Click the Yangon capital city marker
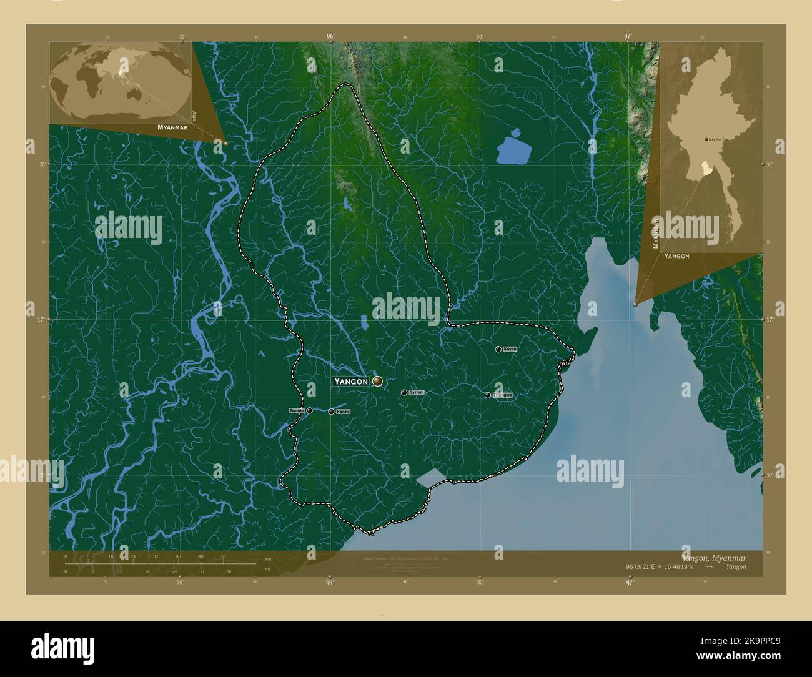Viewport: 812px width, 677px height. click(x=377, y=380)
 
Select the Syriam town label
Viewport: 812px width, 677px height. click(x=416, y=392)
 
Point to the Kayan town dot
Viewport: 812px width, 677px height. click(x=498, y=349)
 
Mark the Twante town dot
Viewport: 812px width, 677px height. click(x=309, y=410)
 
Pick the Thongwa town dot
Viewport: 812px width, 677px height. click(x=487, y=395)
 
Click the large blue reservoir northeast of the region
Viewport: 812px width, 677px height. click(x=513, y=150)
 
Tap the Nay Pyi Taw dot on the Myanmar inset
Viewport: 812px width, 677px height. click(x=706, y=139)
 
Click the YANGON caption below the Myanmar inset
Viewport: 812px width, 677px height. click(x=676, y=256)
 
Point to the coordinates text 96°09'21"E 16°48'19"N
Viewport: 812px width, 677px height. click(x=660, y=566)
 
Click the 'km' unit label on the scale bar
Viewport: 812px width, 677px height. click(x=267, y=558)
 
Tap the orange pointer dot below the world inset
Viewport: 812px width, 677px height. click(x=225, y=143)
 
